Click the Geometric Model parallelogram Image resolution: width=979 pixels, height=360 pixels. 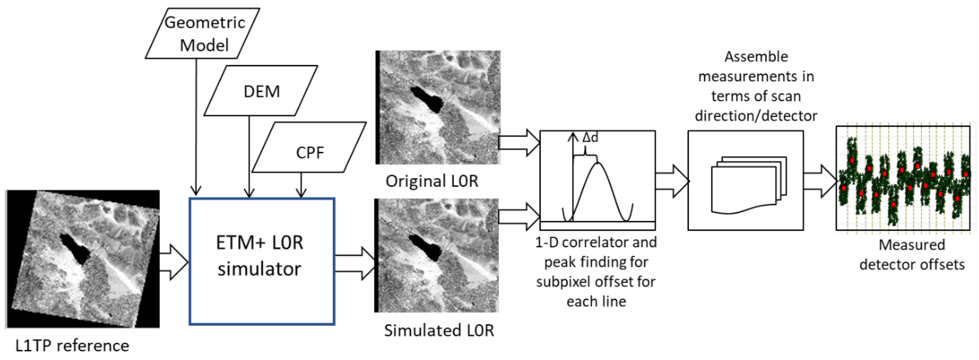(202, 33)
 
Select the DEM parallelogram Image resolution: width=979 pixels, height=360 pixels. (261, 91)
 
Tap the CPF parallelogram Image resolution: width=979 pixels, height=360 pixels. (309, 147)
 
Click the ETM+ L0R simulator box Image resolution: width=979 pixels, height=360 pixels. (262, 261)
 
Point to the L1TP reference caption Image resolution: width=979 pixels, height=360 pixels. (72, 345)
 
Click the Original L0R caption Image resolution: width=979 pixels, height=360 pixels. (432, 181)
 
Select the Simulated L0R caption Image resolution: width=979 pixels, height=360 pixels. (439, 330)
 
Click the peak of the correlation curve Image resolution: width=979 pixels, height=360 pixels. (598, 163)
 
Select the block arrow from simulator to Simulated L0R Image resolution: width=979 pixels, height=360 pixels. (355, 263)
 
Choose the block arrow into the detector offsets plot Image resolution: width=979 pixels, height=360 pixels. (820, 181)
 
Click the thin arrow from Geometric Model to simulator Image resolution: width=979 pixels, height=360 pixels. (196, 125)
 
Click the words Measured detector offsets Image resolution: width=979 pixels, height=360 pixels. (912, 254)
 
